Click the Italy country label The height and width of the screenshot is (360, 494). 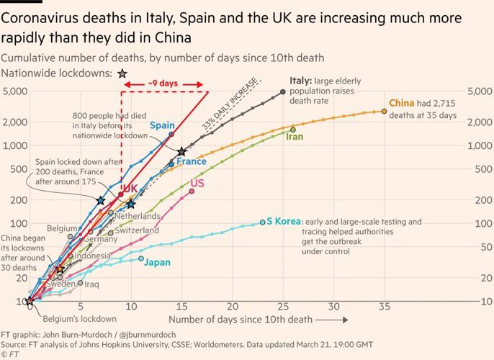(301, 81)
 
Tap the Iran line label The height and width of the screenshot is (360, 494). (295, 136)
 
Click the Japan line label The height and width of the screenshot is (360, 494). (158, 262)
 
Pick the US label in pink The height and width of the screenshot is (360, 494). (197, 183)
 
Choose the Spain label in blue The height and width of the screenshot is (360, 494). (163, 126)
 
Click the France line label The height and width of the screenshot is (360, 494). (192, 162)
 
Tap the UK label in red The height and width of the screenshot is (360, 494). (129, 189)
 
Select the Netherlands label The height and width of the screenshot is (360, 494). (137, 216)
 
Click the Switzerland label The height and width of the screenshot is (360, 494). (137, 230)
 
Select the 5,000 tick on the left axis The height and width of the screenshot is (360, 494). (14, 91)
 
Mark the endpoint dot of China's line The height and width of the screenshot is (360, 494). (384, 112)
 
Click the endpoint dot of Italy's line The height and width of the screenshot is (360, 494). (282, 92)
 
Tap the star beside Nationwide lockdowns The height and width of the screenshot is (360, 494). (122, 73)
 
